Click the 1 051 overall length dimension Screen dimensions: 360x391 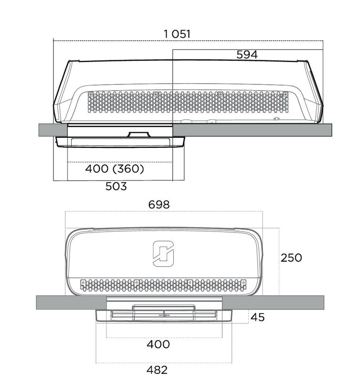(x=177, y=34)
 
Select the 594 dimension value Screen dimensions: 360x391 (x=247, y=55)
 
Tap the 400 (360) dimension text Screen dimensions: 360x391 (x=115, y=169)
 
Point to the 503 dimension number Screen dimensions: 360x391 (x=116, y=186)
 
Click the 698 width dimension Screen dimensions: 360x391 (x=159, y=205)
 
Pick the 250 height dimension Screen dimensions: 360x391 (x=291, y=258)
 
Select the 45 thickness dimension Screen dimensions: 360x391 (x=257, y=317)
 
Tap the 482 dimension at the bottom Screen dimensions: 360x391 (x=157, y=370)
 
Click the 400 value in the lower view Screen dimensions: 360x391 (x=158, y=344)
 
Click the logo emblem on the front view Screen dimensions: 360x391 (x=163, y=254)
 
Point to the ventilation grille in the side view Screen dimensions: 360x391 (x=188, y=102)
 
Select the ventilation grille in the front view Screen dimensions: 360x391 (x=163, y=285)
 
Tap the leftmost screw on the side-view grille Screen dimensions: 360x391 (x=90, y=94)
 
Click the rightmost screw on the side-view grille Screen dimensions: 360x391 (x=285, y=94)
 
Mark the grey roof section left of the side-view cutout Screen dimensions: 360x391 (x=53, y=130)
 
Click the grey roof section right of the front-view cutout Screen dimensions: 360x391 (x=273, y=302)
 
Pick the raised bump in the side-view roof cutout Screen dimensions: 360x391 (x=139, y=134)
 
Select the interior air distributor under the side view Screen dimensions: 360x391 (x=120, y=142)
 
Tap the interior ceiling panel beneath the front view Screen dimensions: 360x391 (x=164, y=316)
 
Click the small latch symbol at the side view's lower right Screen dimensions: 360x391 (x=276, y=119)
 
